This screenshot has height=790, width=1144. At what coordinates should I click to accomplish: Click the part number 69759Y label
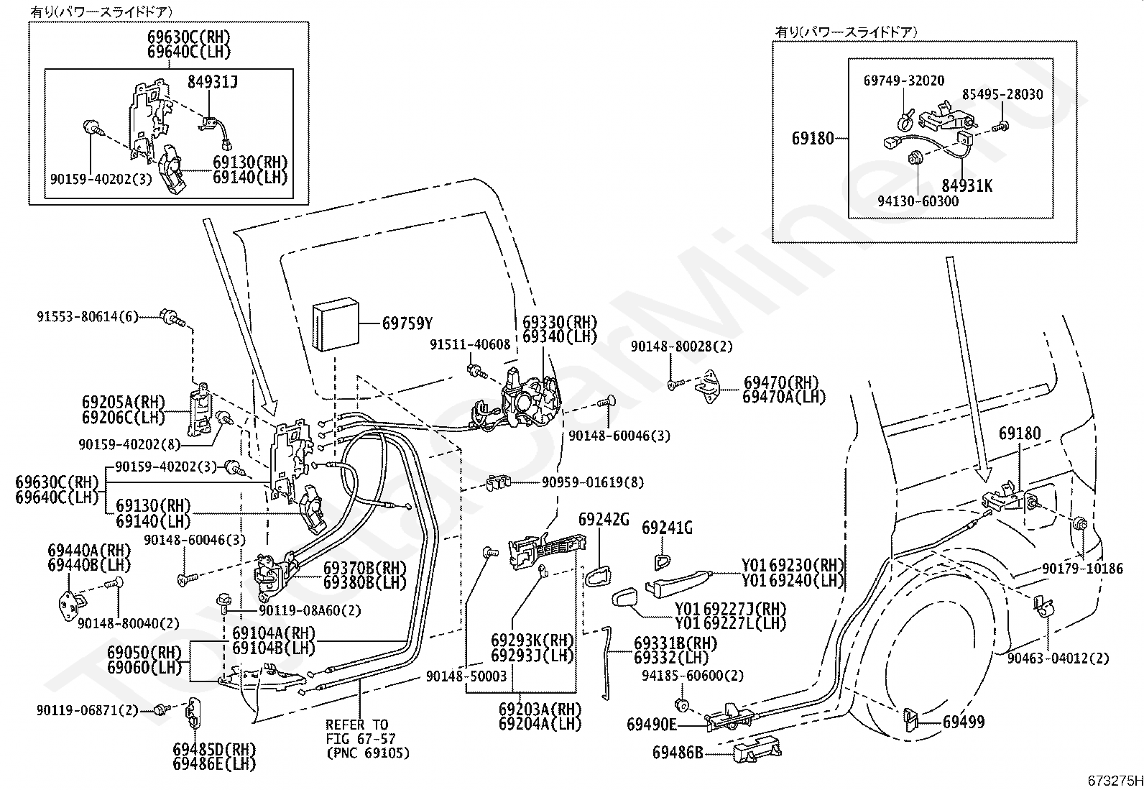pos(407,323)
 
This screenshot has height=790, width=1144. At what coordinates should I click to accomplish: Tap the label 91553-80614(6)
pos(87,316)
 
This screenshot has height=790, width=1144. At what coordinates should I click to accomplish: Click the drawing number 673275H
pos(1115,781)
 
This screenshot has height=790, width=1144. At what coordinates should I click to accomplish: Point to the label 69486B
pos(678,753)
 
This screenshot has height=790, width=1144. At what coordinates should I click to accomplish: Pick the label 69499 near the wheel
pos(964,722)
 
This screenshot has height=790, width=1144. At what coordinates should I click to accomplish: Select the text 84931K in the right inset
pos(967,185)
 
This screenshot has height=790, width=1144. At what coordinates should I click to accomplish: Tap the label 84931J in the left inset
pos(213,82)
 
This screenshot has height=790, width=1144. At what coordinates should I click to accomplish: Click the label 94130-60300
pos(919,201)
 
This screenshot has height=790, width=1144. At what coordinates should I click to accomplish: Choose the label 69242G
pos(604,519)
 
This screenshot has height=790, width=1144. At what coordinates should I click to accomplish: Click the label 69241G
pos(667,529)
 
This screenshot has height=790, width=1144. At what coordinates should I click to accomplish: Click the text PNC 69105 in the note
pos(367,753)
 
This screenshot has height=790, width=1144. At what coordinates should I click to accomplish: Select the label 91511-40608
pos(470,345)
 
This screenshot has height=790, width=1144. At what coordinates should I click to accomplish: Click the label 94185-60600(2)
pos(693,676)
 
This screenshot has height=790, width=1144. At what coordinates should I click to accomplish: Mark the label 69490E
pos(652,724)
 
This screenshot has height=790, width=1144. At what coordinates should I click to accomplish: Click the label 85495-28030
pos(1003,94)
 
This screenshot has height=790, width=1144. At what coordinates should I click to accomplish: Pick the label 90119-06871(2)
pos(87,710)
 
